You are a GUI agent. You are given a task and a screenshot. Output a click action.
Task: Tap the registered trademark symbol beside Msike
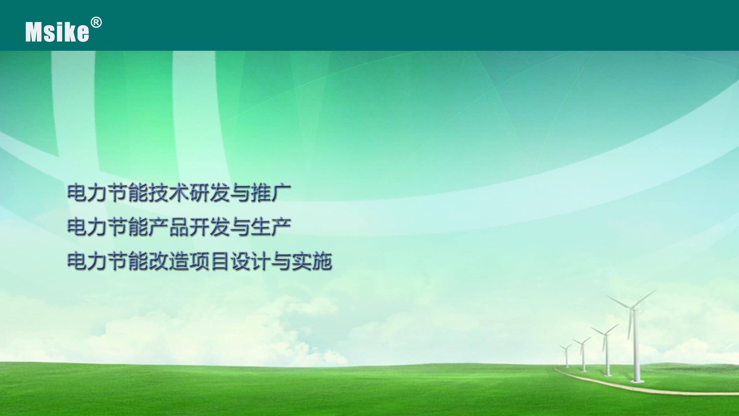(x=96, y=23)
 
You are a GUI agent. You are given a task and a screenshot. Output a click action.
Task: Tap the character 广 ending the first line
(x=281, y=193)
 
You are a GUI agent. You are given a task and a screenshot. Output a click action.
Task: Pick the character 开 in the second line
(x=199, y=227)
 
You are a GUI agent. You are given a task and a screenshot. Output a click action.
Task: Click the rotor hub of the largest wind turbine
(x=633, y=309)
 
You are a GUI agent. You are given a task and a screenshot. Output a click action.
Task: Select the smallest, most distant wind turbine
(x=566, y=356)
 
